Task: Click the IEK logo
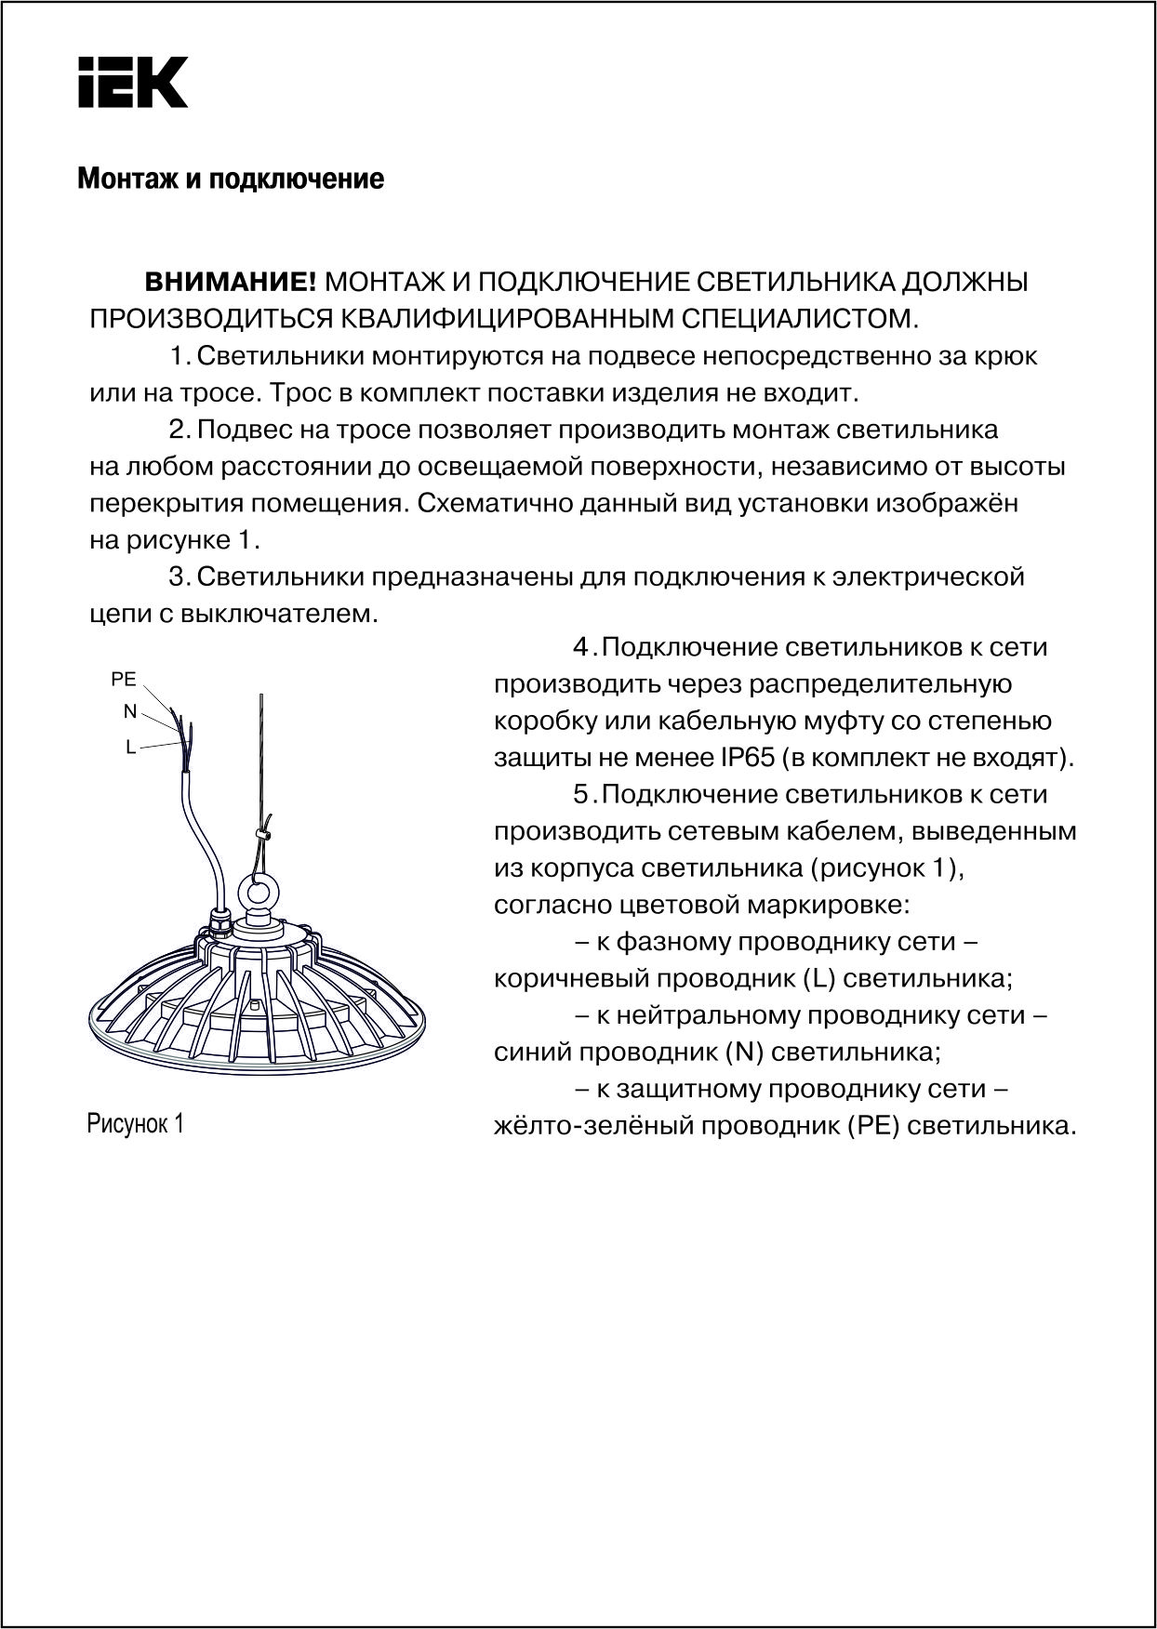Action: coord(132,83)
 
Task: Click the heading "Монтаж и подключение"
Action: coord(231,179)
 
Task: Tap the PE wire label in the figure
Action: coord(124,680)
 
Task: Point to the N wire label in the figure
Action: coord(130,711)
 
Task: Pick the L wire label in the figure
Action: coord(131,746)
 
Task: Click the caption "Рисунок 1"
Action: coord(136,1123)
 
